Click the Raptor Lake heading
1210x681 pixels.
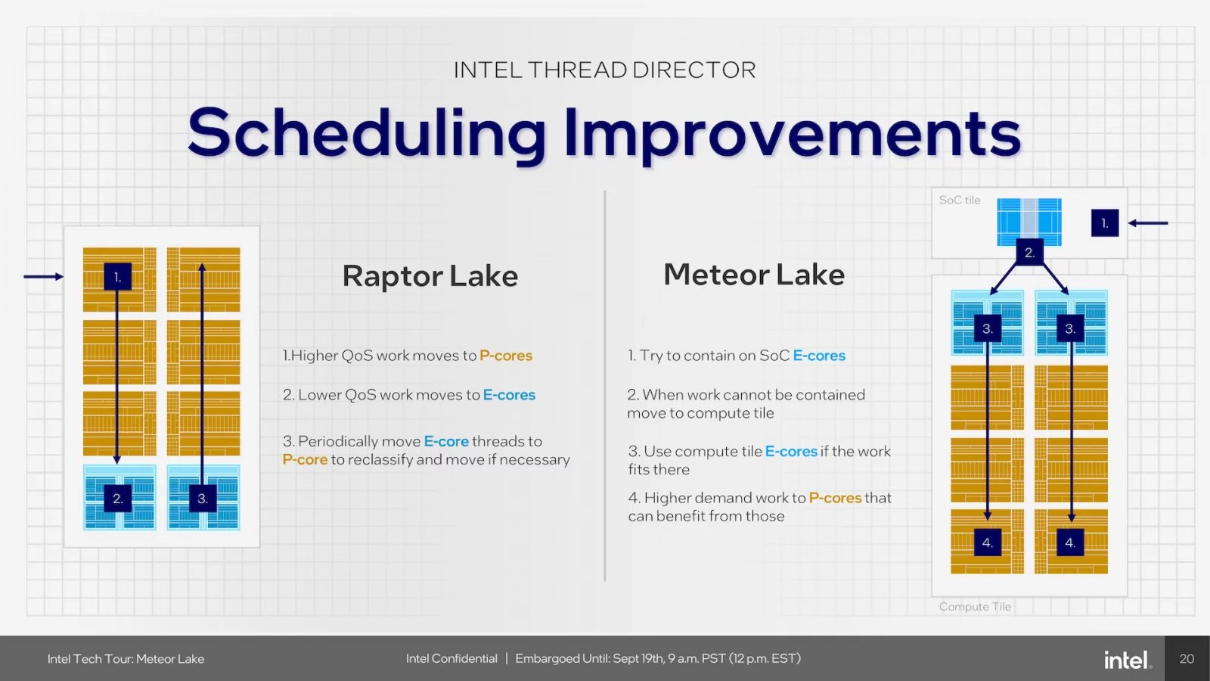(x=430, y=276)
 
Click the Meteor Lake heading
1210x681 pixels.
(x=753, y=275)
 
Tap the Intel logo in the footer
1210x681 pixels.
(x=1127, y=660)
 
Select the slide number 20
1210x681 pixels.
(x=1187, y=659)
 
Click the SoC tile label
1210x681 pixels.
(x=960, y=201)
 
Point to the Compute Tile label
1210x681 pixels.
(x=975, y=607)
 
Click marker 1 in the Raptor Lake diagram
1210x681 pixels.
(x=117, y=277)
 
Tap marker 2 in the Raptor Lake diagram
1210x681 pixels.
(x=117, y=499)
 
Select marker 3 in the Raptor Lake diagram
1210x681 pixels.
(x=202, y=499)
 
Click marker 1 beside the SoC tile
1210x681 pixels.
(x=1104, y=223)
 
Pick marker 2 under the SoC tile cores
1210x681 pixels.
(x=1029, y=253)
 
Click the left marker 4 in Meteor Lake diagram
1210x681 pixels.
(x=987, y=543)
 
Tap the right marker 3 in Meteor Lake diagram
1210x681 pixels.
(x=1070, y=328)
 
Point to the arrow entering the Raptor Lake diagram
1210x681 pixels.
(x=43, y=277)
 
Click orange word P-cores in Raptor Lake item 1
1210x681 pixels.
(x=506, y=356)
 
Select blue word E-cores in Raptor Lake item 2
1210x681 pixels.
(x=509, y=395)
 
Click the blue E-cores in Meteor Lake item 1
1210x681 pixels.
(x=819, y=356)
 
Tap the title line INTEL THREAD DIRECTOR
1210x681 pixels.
(x=604, y=70)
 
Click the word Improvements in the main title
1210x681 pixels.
(x=793, y=133)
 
